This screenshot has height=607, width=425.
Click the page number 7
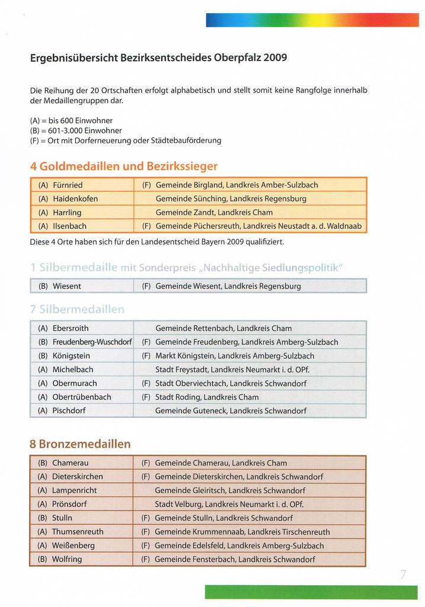point(403,574)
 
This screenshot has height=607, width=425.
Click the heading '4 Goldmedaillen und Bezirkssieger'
point(124,166)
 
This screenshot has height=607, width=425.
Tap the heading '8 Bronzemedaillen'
point(80,444)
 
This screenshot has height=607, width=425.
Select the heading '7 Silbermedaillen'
point(77,309)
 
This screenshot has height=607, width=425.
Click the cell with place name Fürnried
point(68,185)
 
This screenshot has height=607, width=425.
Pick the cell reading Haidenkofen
point(75,199)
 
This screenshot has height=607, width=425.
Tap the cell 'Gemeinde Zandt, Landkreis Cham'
point(214,212)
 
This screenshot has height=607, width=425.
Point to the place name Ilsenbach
point(69,226)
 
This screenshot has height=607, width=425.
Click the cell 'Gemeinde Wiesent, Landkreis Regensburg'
point(228,286)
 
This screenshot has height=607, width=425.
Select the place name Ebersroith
point(71,328)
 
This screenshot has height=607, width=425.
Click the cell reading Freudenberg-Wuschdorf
point(92,342)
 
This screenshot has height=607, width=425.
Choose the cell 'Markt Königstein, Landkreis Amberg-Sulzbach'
point(235,356)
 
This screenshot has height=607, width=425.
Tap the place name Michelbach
point(73,369)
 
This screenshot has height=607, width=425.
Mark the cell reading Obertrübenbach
point(82,397)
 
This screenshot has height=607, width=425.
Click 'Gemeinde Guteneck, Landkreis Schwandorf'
point(231,410)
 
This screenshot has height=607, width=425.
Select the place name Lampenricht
point(74,490)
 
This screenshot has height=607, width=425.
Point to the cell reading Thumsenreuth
point(78,532)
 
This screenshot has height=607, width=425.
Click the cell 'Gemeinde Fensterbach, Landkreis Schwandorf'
point(235,559)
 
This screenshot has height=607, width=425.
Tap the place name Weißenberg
point(74,545)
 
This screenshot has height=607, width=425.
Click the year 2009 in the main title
point(275,58)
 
